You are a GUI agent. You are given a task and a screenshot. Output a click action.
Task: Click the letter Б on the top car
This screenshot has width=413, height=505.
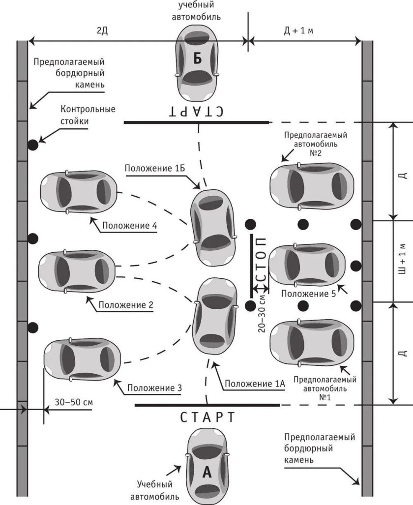198,59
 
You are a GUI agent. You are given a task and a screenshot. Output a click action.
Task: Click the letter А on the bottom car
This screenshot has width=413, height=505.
207,472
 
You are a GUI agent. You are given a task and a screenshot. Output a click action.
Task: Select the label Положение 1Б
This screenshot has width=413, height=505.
155,168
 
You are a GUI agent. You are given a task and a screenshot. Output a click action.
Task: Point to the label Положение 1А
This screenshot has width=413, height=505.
255,384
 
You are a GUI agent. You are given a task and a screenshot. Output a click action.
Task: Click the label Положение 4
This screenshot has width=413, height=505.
129,225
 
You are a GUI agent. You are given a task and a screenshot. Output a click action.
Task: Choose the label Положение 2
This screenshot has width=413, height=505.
126,305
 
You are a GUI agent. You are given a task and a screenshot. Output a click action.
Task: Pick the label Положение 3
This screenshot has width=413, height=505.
154,387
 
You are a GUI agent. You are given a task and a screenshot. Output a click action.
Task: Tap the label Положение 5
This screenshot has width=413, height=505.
308,294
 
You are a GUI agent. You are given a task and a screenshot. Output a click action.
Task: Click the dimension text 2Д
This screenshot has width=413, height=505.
102,31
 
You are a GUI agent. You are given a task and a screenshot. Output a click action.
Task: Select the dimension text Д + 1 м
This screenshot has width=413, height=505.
298,30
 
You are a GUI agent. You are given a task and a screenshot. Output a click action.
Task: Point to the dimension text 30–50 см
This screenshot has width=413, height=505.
74,402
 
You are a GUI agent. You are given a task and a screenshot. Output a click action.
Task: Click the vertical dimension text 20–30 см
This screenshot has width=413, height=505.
262,313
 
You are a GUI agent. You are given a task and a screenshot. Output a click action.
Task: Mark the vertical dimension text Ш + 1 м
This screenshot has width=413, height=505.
402,259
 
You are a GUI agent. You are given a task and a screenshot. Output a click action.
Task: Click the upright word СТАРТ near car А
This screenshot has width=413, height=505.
207,417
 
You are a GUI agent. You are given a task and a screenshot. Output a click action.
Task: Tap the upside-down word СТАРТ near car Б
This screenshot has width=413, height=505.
196,111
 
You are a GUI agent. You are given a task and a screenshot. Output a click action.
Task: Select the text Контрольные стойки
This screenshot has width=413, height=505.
88,115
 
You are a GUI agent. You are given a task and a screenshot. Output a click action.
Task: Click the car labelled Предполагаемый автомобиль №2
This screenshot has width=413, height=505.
312,187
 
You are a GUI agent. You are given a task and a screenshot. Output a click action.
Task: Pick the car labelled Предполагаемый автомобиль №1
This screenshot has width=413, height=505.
312,343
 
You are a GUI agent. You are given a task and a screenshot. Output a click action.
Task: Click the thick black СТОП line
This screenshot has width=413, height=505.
252,266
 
